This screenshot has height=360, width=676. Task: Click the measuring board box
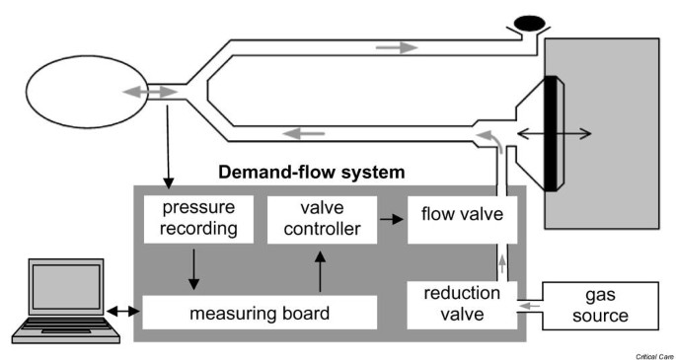click(261, 313)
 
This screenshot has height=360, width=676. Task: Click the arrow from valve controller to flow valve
click(391, 213)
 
